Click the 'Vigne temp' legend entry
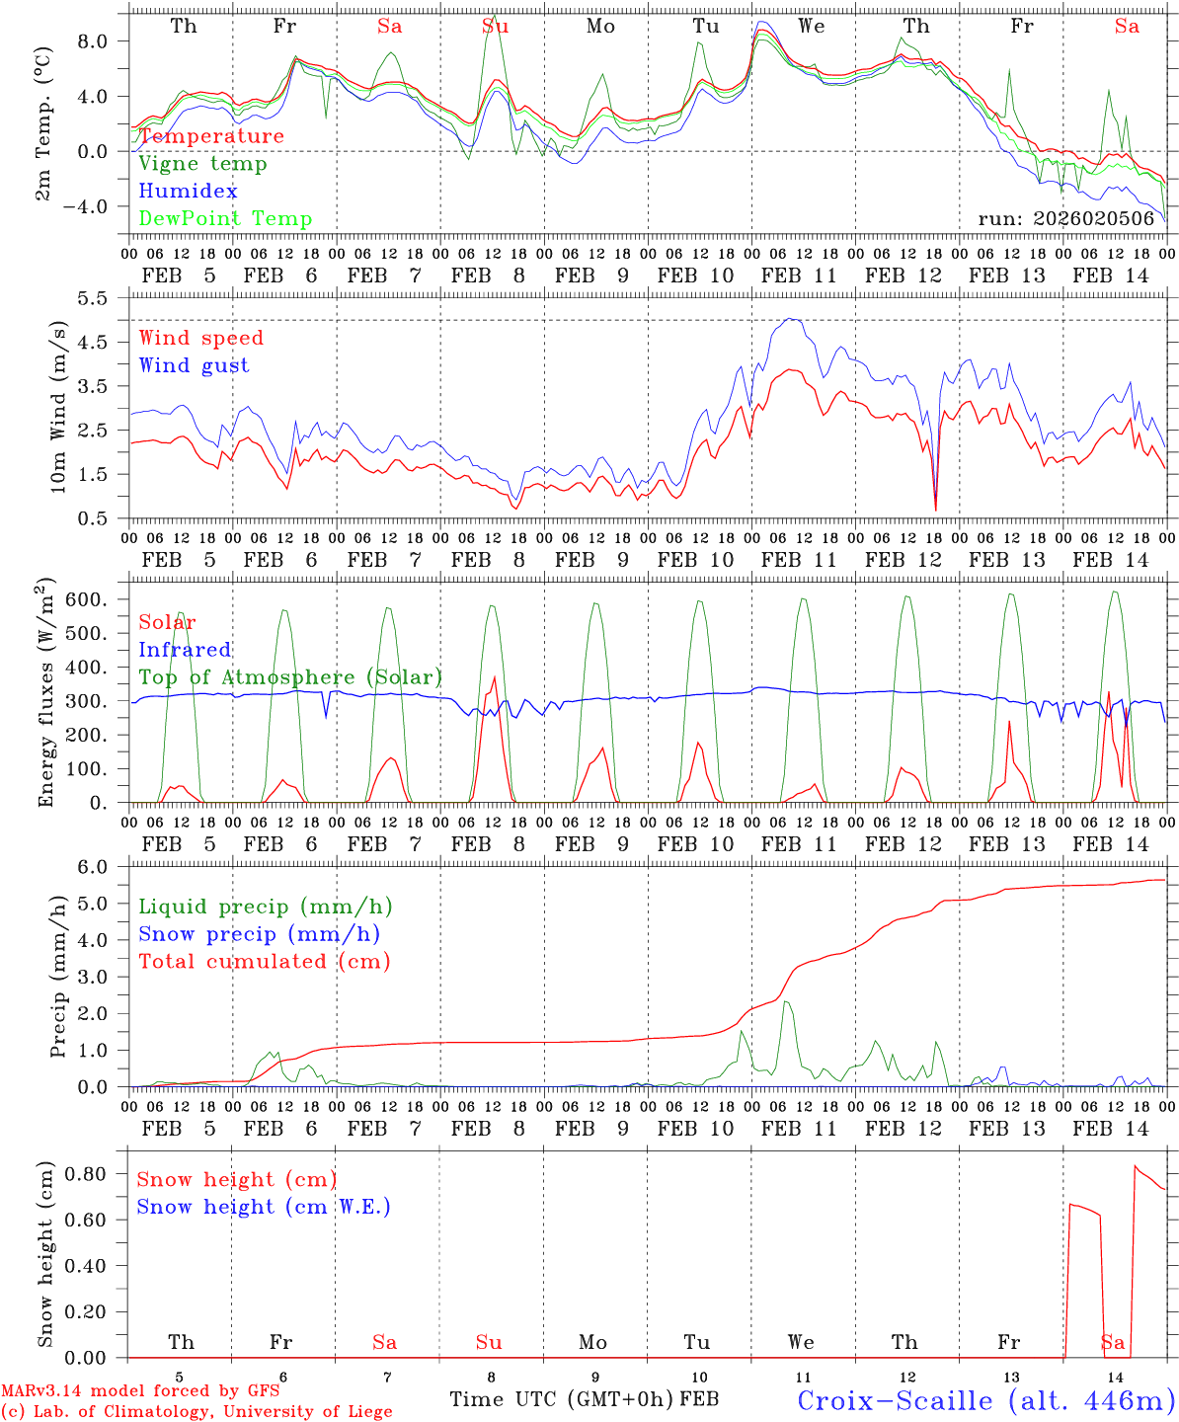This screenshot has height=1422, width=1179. pos(202,164)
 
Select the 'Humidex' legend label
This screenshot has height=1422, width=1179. pos(188,192)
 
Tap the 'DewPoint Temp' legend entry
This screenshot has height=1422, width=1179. pos(225,219)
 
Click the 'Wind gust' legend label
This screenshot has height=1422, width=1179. pos(194,365)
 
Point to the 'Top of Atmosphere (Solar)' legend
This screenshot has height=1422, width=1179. pos(290,677)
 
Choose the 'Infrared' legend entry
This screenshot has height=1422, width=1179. pos(185,650)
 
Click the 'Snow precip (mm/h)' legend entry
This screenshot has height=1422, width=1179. pos(259,934)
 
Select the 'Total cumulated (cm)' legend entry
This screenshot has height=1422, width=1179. pos(264,962)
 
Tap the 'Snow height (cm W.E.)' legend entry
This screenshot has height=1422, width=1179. pos(263,1207)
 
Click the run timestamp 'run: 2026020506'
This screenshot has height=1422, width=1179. pos(1066,219)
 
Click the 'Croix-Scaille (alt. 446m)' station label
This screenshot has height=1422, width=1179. pos(985,1400)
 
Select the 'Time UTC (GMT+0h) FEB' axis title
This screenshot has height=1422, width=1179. pos(584,1399)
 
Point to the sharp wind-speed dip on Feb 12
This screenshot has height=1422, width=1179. pos(935,508)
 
